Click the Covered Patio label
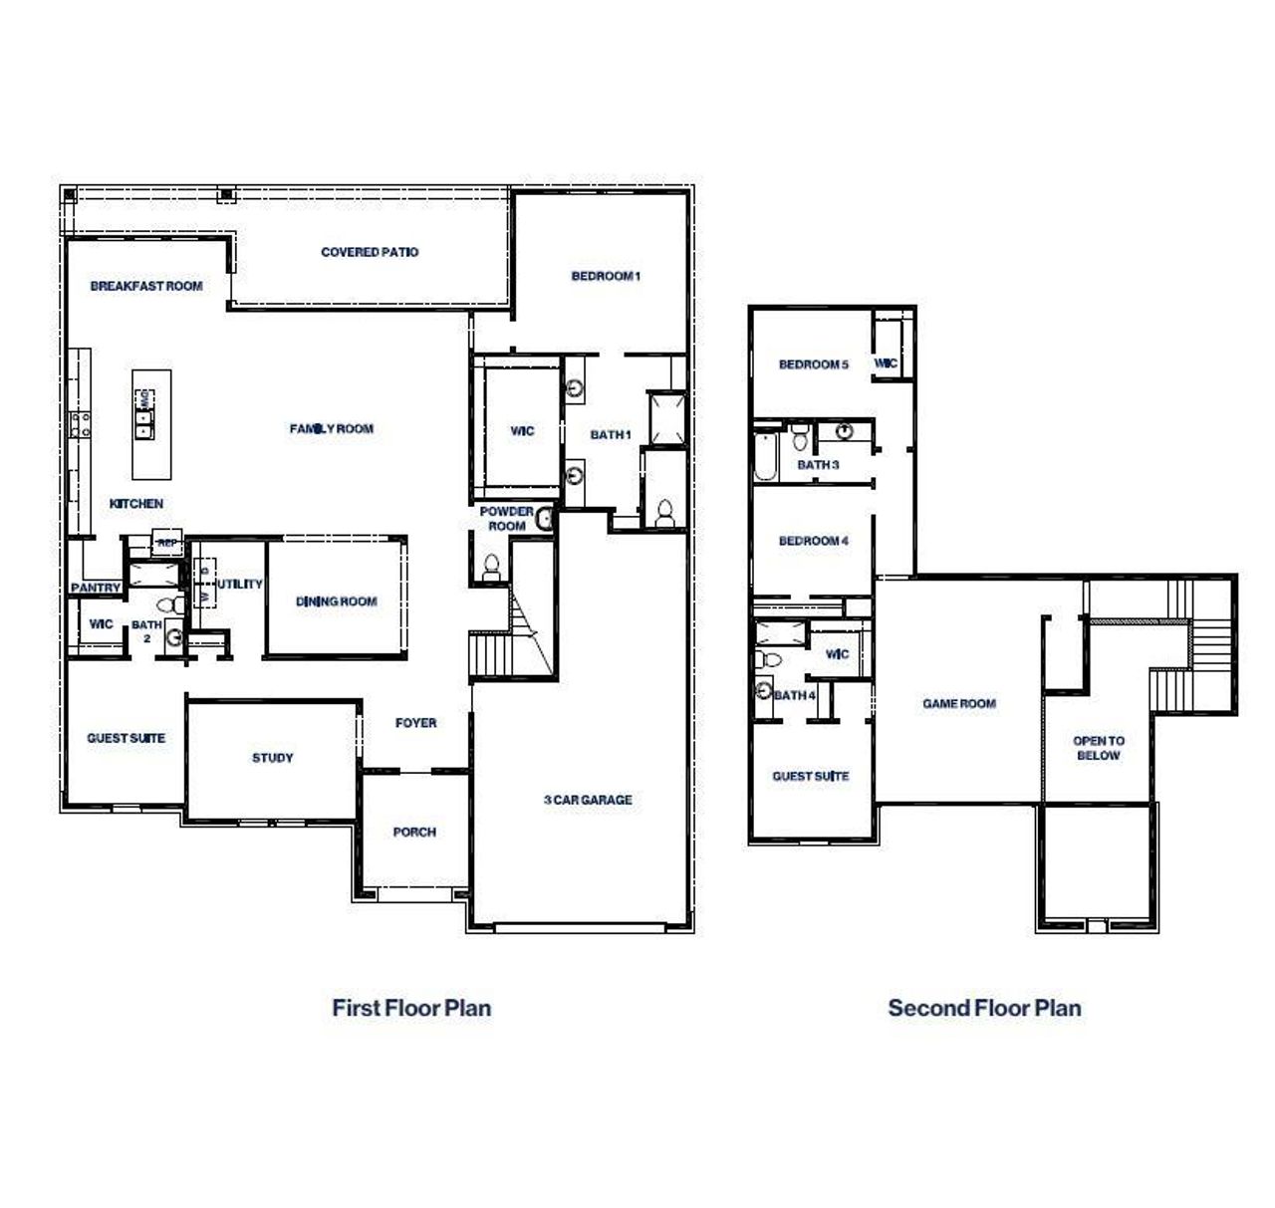[x=370, y=252]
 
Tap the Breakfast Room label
[x=146, y=286]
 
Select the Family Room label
[x=332, y=429]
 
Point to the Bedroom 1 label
[x=605, y=276]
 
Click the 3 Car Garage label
[x=588, y=800]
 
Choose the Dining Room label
[x=337, y=602]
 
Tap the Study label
[x=272, y=758]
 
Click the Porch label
[x=414, y=833]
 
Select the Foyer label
[x=415, y=723]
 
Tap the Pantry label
[x=96, y=589]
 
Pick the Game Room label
[x=958, y=704]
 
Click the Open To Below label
[x=1098, y=748]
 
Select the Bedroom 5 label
[x=813, y=364]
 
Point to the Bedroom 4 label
[x=813, y=541]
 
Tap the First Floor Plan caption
[x=411, y=1008]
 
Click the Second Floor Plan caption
[x=984, y=1008]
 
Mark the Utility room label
[x=240, y=585]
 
